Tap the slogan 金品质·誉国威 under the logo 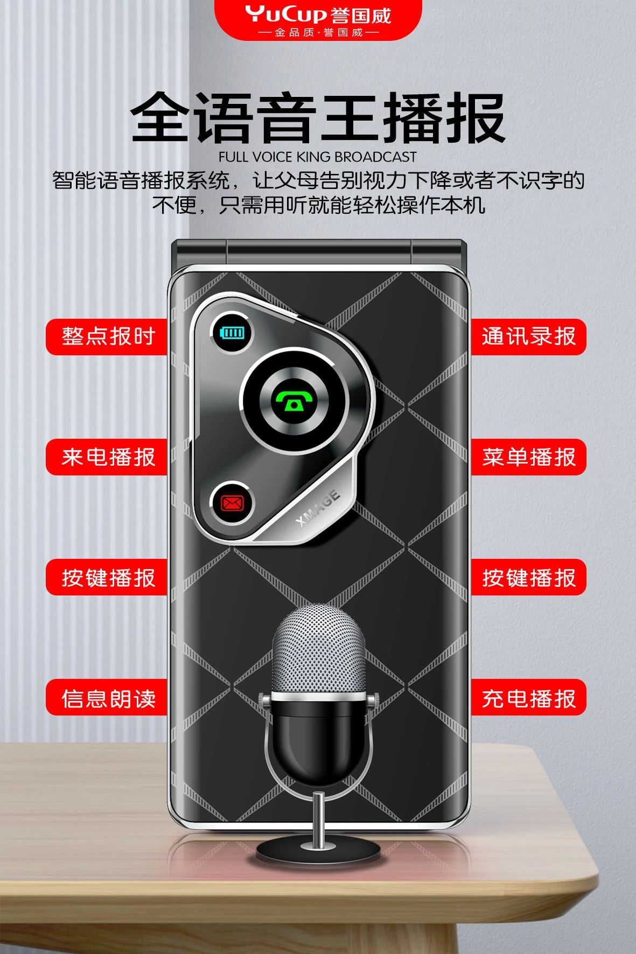(318, 33)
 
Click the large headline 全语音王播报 (318, 118)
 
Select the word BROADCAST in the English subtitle (375, 157)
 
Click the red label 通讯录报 (529, 336)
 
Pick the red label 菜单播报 (529, 457)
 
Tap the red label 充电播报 (529, 698)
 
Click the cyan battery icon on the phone (233, 332)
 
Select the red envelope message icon (232, 503)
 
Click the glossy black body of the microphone (319, 736)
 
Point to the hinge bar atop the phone (318, 252)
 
